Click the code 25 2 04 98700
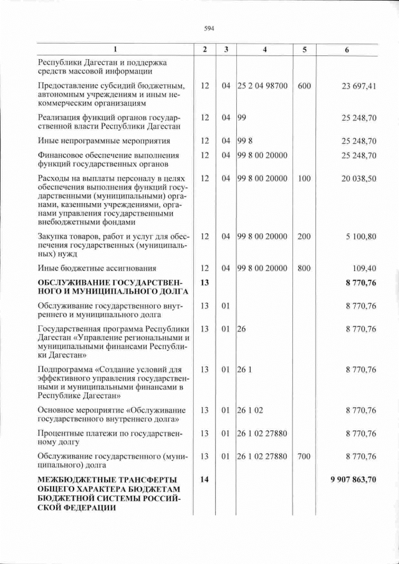point(262,86)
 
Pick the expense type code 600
point(304,86)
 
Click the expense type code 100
point(304,178)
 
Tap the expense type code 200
point(304,237)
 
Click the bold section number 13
point(204,283)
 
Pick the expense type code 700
point(304,456)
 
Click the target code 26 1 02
point(249,410)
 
